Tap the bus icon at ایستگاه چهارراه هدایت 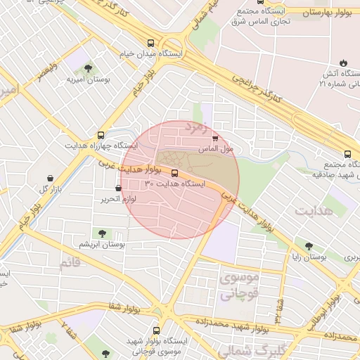[101, 134]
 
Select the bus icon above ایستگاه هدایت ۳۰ [174, 172]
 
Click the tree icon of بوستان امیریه [88, 69]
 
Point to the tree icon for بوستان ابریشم [102, 233]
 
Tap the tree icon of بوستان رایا [309, 246]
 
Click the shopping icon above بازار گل [49, 179]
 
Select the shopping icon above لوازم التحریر [118, 188]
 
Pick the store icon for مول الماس [214, 139]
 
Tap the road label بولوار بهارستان [330, 13]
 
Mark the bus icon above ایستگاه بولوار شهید [155, 329]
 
